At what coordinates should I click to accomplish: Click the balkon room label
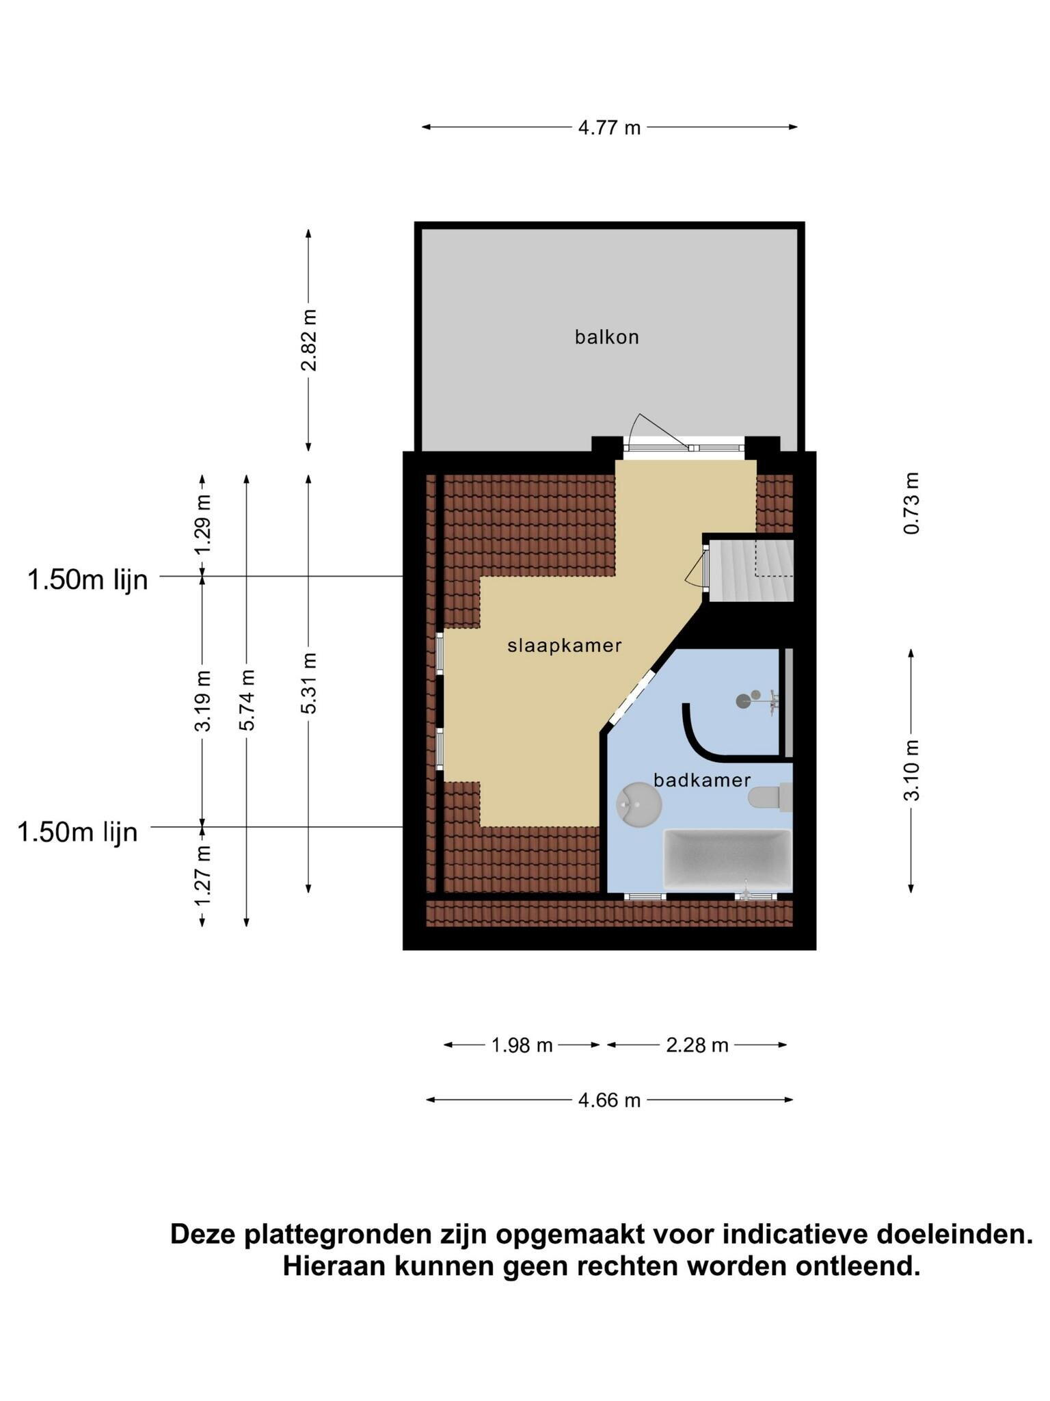606,337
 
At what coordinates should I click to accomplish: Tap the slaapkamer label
564,645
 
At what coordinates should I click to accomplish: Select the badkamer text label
702,780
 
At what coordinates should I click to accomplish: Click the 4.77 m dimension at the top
609,127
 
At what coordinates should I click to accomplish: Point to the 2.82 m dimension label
309,340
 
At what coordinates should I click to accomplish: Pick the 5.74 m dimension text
247,700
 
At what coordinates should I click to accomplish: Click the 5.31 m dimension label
309,683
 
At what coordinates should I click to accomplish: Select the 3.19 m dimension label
202,700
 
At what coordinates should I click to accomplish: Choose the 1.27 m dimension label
202,876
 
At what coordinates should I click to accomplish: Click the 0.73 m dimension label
911,503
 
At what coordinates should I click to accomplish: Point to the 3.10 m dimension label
911,770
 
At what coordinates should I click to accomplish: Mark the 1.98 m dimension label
522,1045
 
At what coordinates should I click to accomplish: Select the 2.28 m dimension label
697,1045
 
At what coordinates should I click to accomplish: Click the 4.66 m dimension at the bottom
609,1100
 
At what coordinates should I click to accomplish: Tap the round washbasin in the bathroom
638,804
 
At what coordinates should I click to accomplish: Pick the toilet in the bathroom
770,798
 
